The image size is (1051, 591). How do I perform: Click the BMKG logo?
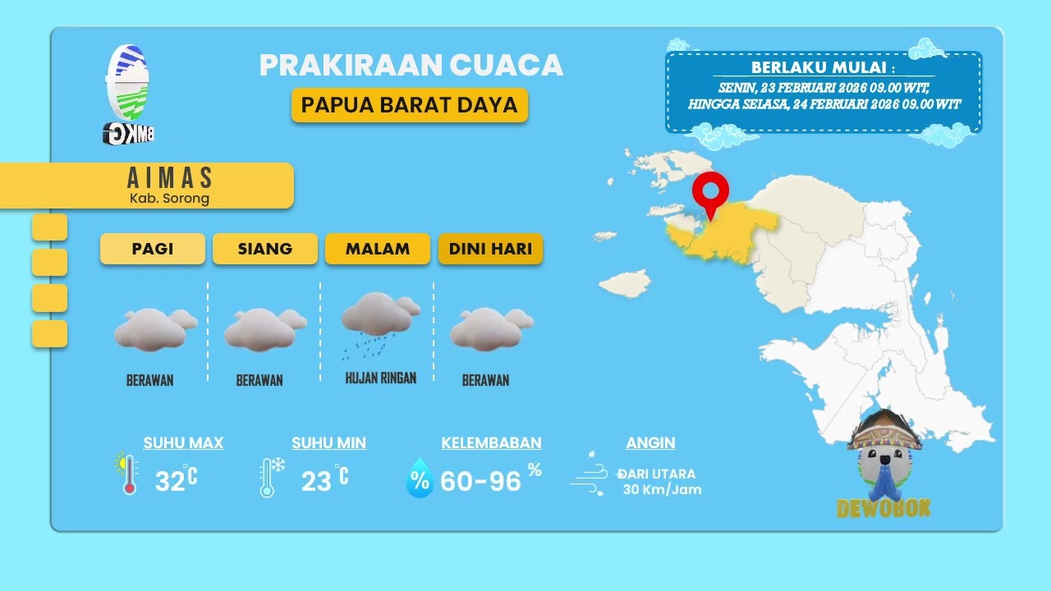click(129, 93)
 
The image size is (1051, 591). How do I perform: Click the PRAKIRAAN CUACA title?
click(411, 66)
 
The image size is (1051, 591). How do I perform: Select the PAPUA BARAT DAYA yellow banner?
click(409, 105)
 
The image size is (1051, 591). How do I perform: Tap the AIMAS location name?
click(170, 178)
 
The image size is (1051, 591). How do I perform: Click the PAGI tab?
click(153, 249)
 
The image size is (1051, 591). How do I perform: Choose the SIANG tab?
click(265, 249)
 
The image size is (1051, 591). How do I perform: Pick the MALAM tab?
click(378, 249)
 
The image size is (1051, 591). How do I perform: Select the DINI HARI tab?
click(490, 249)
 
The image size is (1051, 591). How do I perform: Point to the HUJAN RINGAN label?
click(380, 378)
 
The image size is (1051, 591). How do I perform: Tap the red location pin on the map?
click(710, 192)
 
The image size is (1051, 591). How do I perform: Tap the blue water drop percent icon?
click(420, 479)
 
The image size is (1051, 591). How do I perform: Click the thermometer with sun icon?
click(126, 474)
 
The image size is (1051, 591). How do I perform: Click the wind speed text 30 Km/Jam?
click(662, 490)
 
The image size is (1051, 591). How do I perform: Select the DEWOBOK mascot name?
click(883, 509)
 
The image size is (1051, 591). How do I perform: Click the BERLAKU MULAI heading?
click(823, 67)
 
